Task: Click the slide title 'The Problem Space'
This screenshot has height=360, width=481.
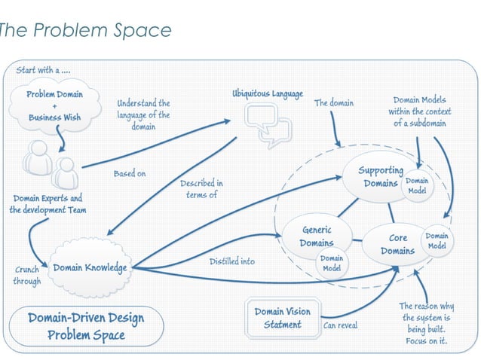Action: [x=84, y=30]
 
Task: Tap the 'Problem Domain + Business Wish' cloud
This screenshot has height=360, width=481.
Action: [x=55, y=107]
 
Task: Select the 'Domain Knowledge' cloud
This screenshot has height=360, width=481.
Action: [x=89, y=267]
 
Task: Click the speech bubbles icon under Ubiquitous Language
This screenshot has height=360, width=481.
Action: [x=265, y=124]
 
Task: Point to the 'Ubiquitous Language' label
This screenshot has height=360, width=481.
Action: [x=267, y=95]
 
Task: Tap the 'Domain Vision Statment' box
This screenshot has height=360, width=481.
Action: [x=282, y=318]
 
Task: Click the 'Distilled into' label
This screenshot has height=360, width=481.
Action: [x=231, y=261]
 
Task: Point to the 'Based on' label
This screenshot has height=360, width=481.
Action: [x=130, y=174]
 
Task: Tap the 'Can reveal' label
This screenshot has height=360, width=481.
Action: [x=340, y=326]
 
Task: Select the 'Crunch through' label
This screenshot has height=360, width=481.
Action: [x=26, y=276]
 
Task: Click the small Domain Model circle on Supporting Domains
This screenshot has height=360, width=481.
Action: [x=417, y=186]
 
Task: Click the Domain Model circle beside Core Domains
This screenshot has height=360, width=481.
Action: [x=437, y=241]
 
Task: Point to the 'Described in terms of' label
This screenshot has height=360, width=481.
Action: [x=201, y=189]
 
